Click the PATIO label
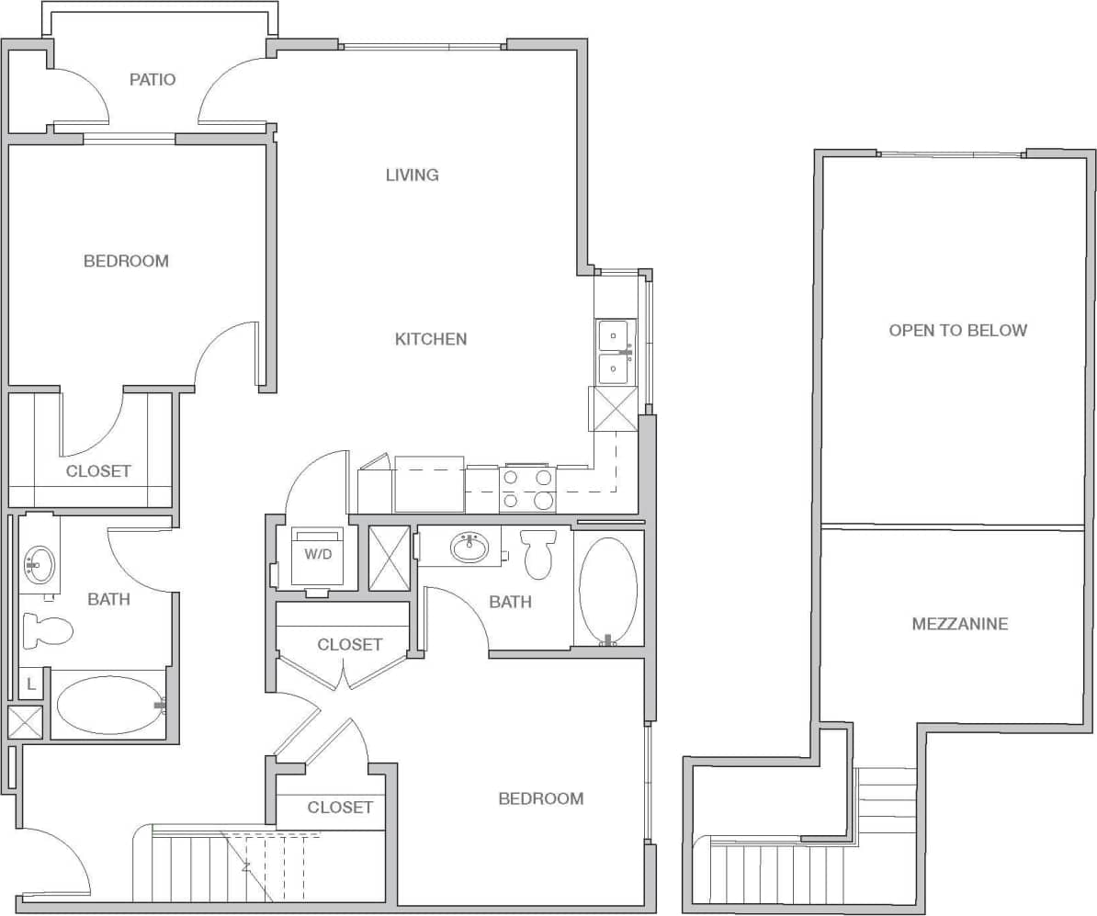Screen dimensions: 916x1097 [x=153, y=79]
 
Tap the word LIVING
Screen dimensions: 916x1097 [x=412, y=175]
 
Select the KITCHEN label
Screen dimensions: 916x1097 [x=431, y=339]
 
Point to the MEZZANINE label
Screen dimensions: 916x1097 [x=959, y=624]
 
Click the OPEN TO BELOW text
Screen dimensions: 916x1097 [x=957, y=330]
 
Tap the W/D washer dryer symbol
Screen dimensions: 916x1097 [x=317, y=556]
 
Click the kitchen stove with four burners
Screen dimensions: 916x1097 [x=528, y=489]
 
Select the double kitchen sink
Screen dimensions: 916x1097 [x=613, y=353]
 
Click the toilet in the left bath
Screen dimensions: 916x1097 [x=48, y=630]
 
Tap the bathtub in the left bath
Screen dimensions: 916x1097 [x=110, y=706]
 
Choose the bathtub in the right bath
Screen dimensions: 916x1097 [x=608, y=590]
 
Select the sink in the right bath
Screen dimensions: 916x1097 [x=470, y=548]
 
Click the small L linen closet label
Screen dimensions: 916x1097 [x=30, y=683]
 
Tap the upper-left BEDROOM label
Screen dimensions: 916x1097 [x=126, y=261]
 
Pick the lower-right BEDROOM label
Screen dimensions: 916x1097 [x=540, y=798]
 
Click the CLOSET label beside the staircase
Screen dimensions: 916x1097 [x=340, y=808]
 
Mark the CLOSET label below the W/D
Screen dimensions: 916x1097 [x=349, y=645]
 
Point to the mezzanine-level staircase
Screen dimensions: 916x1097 [x=781, y=873]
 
